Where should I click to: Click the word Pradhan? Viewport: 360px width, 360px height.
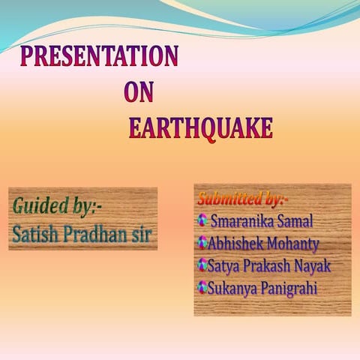pyautogui.click(x=97, y=233)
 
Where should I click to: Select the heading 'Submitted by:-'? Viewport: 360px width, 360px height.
pyautogui.click(x=242, y=199)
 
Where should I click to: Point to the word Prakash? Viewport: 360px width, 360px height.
pyautogui.click(x=268, y=265)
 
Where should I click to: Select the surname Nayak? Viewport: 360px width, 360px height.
pyautogui.click(x=314, y=265)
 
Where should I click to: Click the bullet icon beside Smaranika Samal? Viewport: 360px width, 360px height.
pyautogui.click(x=202, y=220)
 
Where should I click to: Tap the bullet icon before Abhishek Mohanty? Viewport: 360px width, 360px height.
pyautogui.click(x=202, y=242)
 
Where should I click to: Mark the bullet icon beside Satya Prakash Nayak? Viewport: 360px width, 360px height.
pyautogui.click(x=202, y=264)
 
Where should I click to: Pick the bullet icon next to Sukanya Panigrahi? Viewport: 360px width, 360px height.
pyautogui.click(x=202, y=286)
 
